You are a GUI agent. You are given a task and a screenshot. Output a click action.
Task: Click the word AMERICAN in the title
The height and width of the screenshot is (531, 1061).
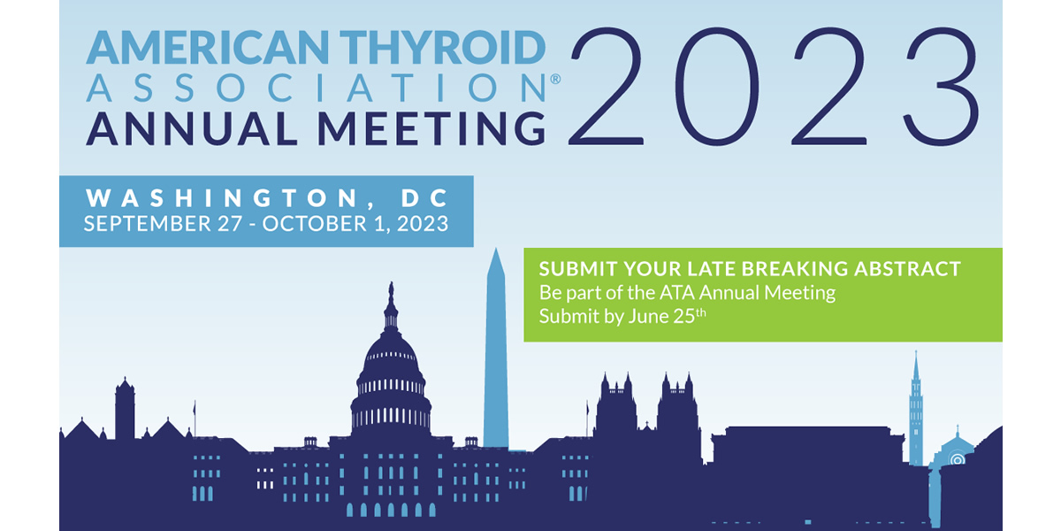[208, 47]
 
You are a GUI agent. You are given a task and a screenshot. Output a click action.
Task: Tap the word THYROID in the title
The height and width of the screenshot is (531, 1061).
[442, 47]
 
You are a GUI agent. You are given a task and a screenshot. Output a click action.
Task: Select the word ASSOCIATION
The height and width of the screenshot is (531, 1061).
[317, 88]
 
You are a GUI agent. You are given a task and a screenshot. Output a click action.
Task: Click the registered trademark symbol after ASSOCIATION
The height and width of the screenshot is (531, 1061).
[555, 79]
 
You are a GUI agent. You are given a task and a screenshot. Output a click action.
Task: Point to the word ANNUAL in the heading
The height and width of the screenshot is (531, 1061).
[192, 128]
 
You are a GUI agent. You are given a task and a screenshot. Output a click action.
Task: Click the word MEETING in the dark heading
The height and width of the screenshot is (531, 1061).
[432, 128]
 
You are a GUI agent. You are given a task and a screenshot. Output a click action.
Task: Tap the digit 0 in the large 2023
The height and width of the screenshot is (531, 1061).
[717, 86]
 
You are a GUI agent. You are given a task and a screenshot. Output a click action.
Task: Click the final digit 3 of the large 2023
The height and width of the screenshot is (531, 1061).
[941, 86]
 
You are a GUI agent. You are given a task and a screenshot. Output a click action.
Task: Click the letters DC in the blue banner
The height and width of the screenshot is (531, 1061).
[424, 198]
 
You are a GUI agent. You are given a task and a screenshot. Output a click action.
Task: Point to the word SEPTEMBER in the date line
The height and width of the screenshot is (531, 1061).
[148, 224]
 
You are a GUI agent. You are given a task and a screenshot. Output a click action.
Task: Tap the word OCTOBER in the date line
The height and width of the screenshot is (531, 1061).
[315, 224]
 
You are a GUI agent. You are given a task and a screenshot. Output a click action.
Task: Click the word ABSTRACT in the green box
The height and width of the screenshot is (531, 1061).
[907, 269]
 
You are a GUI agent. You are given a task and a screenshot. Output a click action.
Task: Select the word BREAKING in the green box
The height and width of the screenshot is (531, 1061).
[798, 269]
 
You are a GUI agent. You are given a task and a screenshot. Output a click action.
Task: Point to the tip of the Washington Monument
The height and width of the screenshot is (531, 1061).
[496, 249]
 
